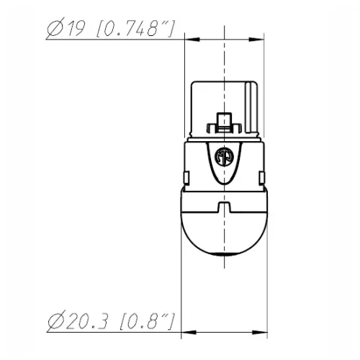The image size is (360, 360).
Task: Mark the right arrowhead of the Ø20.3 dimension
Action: [x=264, y=333]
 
